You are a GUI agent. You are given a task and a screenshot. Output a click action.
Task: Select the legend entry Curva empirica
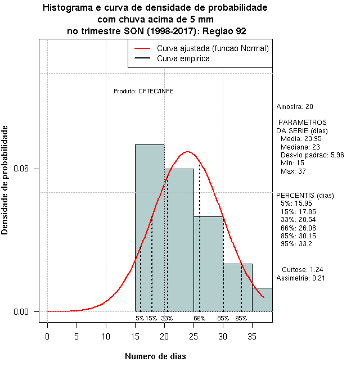pos(183,58)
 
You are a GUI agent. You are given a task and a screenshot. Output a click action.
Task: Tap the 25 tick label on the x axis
pos(193,337)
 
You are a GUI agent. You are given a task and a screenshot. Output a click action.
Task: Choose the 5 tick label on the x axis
pos(76,337)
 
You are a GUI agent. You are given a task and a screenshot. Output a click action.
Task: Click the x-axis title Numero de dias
pos(155,356)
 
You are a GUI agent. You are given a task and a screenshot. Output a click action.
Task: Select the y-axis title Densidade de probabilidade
pos(6,180)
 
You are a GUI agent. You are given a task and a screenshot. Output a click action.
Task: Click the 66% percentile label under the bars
pos(200,318)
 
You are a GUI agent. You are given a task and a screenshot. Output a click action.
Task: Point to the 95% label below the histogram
pos(241,318)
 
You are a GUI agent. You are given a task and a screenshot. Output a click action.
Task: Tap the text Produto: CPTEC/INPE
pos(143,91)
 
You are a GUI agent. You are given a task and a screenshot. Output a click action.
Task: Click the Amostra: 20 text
pos(295,107)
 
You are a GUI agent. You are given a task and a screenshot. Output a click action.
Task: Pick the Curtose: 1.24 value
pos(302,270)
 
